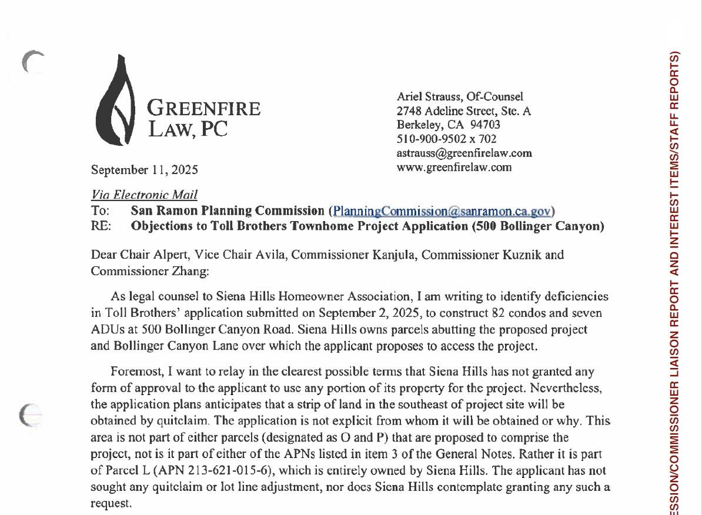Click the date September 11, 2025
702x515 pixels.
[144, 170]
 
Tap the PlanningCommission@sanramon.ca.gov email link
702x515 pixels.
[442, 211]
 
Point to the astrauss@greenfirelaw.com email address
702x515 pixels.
[464, 153]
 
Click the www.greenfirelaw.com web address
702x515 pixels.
[454, 167]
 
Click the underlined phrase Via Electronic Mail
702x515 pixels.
[144, 195]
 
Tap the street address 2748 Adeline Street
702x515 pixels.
[447, 111]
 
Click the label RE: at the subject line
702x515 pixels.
[101, 226]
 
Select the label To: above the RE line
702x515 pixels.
[100, 210]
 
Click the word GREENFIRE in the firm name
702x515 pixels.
[203, 109]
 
